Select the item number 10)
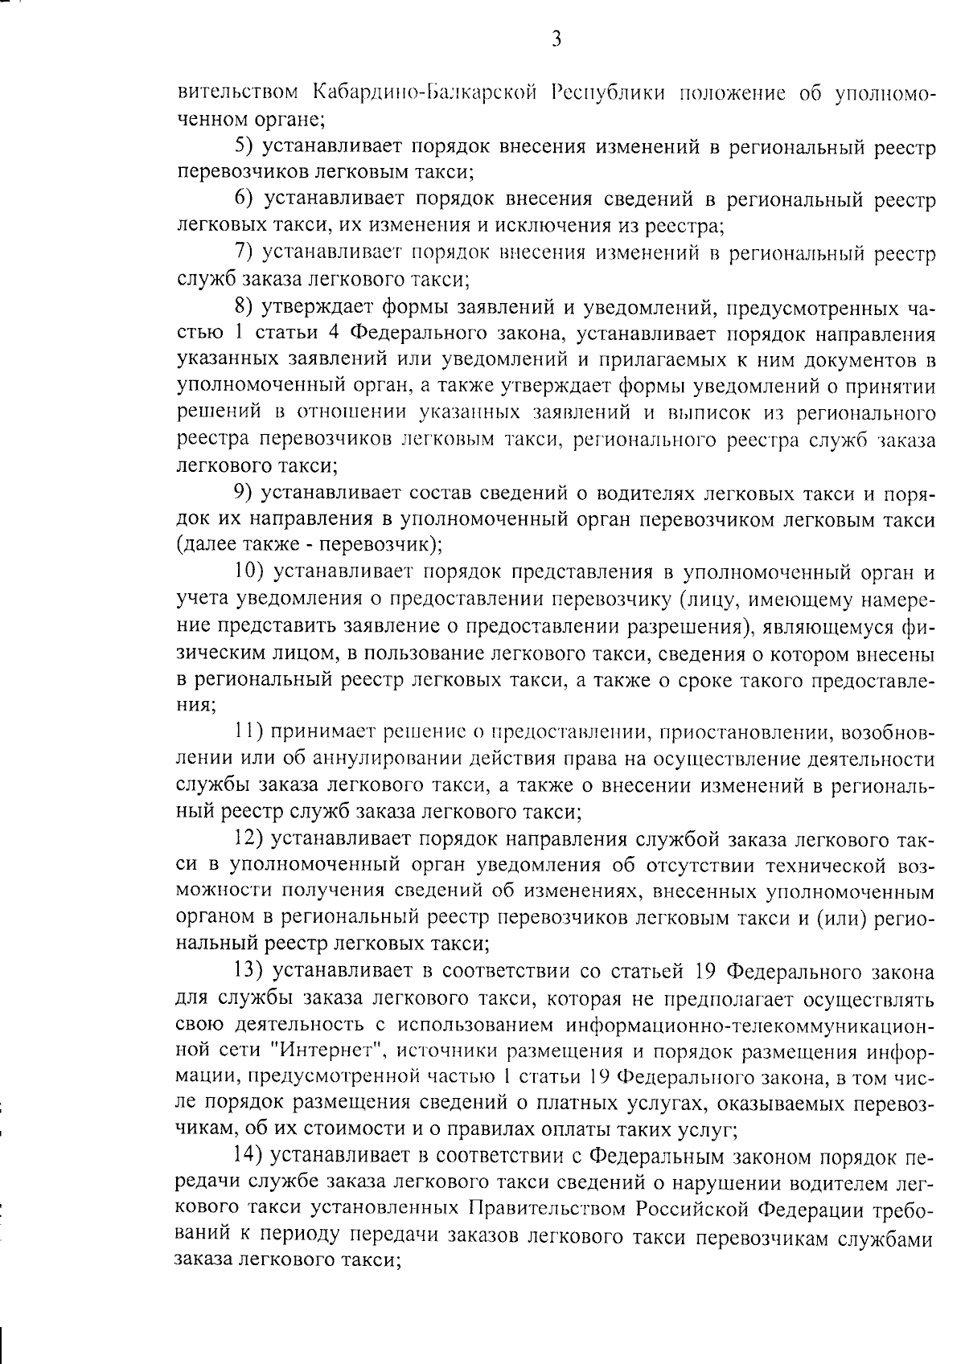(x=249, y=572)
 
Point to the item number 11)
(x=248, y=732)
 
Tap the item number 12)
(x=249, y=839)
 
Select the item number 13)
(x=249, y=972)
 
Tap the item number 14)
(x=249, y=1157)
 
